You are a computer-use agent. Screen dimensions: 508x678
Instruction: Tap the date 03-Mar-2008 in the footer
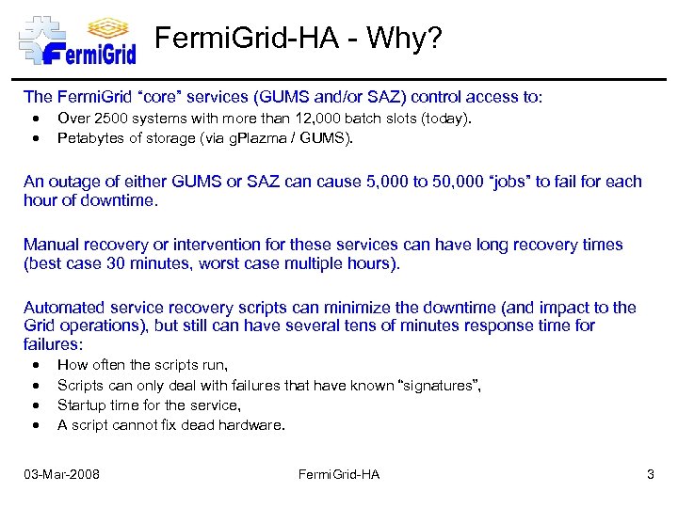click(62, 474)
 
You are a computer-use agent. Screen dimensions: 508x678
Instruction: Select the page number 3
click(650, 474)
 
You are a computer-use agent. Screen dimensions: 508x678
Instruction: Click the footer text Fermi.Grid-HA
click(339, 474)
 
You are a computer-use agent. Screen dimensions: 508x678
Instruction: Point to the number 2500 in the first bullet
click(110, 119)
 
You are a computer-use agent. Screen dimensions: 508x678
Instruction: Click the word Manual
click(51, 245)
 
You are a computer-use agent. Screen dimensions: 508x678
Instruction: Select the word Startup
click(82, 405)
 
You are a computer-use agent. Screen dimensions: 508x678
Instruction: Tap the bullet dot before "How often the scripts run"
click(35, 365)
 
